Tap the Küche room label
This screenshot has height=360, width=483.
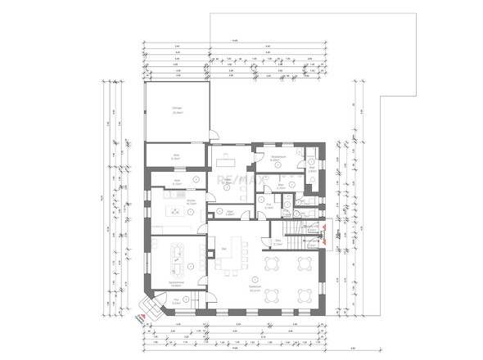[190, 200]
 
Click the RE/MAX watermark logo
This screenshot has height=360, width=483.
[237, 178]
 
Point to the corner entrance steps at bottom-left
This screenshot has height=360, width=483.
[149, 308]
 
